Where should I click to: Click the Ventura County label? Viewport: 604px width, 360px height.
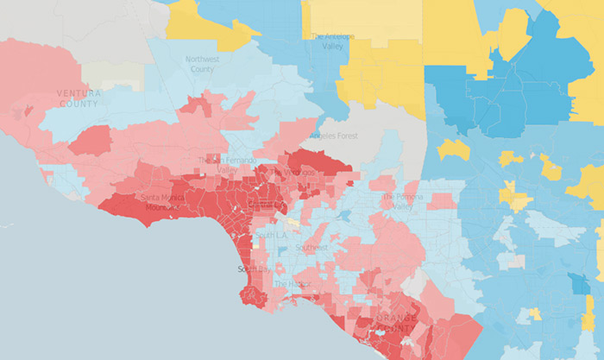click(79, 98)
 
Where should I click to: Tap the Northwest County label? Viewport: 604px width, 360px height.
click(203, 64)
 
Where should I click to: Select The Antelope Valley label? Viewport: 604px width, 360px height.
click(331, 41)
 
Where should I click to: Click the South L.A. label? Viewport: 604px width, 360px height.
click(271, 236)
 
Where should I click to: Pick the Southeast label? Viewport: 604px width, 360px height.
click(311, 248)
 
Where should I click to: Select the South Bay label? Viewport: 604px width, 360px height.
click(253, 269)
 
